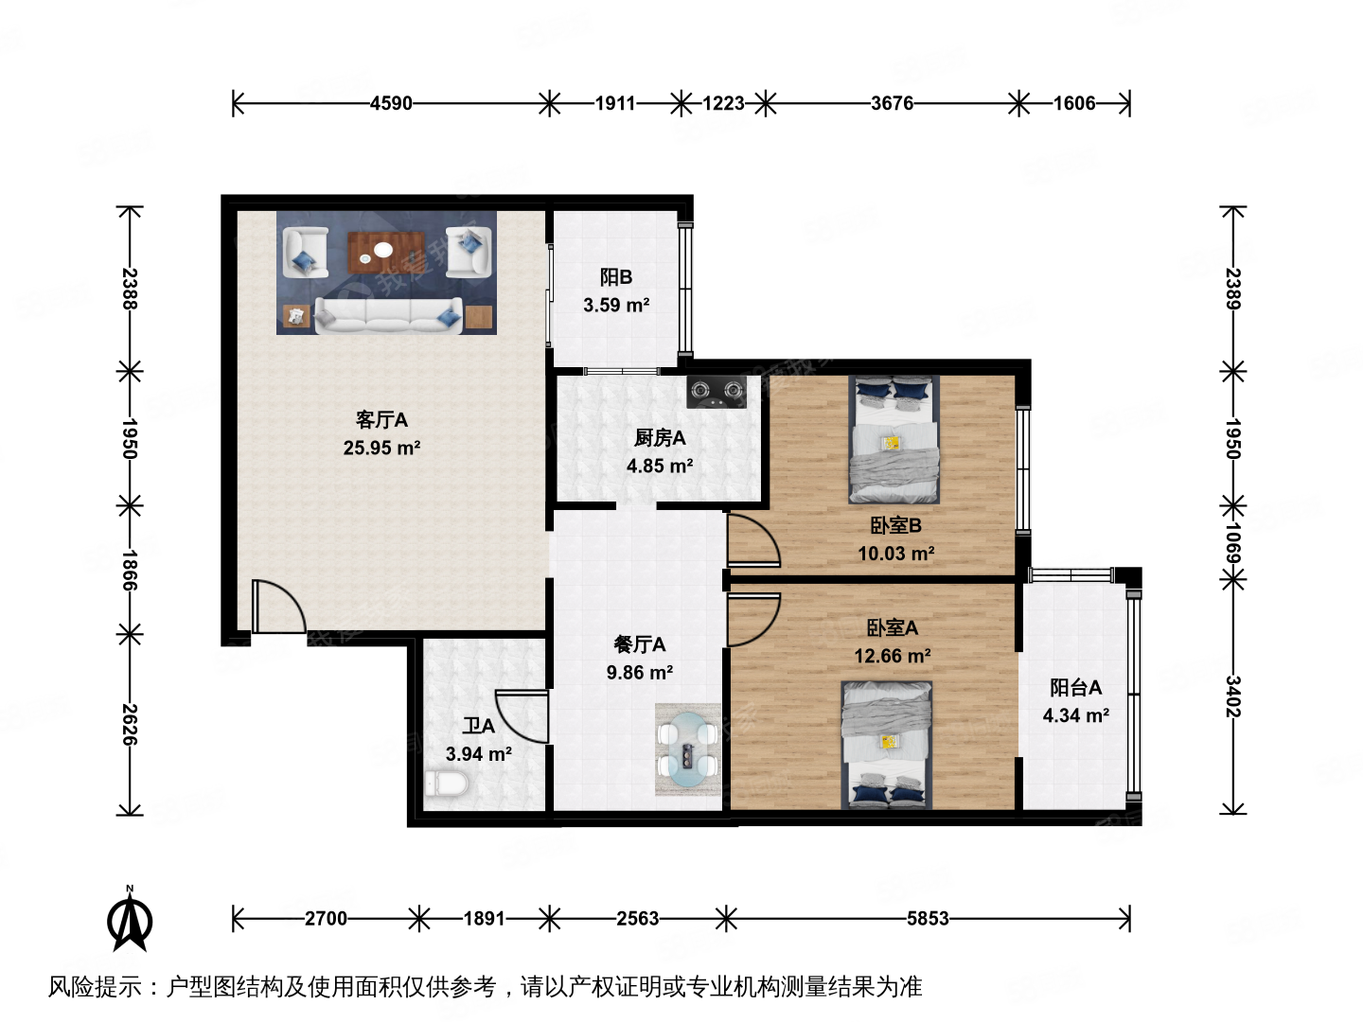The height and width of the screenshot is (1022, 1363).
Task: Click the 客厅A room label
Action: (381, 419)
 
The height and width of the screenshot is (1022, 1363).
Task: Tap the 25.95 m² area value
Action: (381, 448)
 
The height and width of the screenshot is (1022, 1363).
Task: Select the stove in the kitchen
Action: (717, 392)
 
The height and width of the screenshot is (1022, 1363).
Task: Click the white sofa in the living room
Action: (387, 314)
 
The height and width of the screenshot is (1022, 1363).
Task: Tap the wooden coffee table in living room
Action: (383, 251)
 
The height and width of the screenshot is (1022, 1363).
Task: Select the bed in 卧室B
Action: (894, 439)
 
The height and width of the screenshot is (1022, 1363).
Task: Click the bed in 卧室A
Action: (887, 746)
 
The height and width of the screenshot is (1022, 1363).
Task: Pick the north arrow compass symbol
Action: (130, 919)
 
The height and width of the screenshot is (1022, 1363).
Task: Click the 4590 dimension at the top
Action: (391, 103)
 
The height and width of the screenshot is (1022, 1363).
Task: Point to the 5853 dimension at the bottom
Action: (928, 918)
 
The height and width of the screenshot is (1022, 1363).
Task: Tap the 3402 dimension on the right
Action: (1232, 696)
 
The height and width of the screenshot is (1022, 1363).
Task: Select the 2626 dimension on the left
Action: (130, 724)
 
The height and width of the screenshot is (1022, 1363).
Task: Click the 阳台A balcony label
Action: (1075, 688)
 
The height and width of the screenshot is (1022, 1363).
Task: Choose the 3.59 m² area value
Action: (616, 305)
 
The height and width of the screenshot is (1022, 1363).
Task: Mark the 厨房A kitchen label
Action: (660, 437)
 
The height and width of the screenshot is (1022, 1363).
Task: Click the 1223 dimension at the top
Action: (723, 103)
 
